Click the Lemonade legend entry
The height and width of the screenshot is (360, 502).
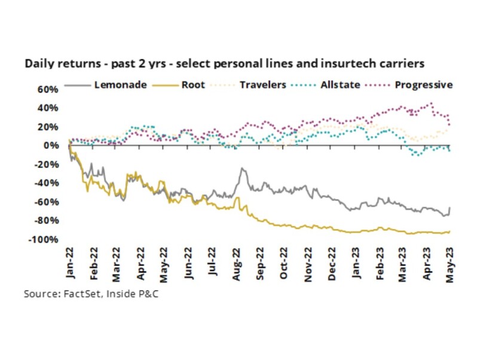(x=120, y=85)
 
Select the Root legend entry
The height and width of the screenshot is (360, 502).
(x=192, y=85)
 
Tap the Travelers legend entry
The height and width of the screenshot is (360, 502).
(x=263, y=85)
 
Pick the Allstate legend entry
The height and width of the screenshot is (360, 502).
(x=339, y=85)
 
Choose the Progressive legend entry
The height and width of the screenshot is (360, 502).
(x=423, y=85)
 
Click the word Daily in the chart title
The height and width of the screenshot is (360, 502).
(x=38, y=62)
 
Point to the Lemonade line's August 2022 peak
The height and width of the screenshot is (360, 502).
(x=242, y=169)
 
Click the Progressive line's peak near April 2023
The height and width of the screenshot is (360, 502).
(x=431, y=103)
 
